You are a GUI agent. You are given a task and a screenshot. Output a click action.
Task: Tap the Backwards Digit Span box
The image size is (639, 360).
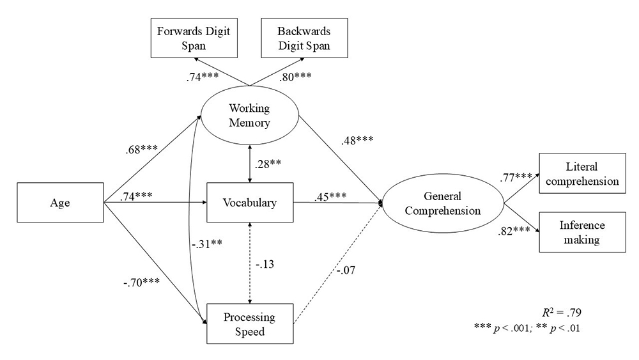pos(303,40)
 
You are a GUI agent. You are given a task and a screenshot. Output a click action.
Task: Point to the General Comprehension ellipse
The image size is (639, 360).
pos(443,204)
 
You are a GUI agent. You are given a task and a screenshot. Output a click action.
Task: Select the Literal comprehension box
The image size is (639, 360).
pos(580,174)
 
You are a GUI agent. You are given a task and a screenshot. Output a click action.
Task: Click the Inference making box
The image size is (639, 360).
pos(580,233)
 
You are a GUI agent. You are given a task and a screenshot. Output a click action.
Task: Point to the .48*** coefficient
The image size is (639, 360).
pos(358,141)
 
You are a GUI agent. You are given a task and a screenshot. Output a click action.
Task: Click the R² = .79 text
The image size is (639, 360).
pos(563,313)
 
